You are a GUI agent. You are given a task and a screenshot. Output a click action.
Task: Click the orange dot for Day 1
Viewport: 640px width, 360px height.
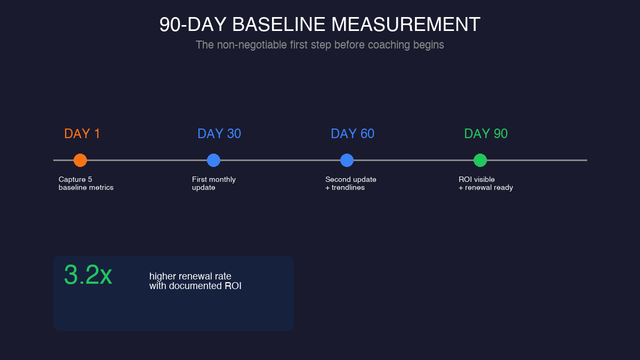point(80,160)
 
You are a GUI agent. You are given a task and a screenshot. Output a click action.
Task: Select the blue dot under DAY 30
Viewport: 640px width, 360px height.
point(213,160)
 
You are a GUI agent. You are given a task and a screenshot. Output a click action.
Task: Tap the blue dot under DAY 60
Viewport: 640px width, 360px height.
point(347,160)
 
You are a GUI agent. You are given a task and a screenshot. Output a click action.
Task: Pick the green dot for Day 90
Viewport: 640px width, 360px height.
point(480,160)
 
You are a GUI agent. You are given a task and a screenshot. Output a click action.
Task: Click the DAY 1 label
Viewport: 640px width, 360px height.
point(82,134)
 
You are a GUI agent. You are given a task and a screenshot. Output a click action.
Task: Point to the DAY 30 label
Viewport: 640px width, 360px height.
point(219,134)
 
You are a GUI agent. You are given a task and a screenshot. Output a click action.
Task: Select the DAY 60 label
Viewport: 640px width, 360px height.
point(353,134)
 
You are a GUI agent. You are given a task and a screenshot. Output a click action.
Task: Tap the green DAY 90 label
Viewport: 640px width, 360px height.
point(486,134)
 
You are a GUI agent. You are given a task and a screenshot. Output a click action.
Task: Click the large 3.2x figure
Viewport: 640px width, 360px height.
point(88,275)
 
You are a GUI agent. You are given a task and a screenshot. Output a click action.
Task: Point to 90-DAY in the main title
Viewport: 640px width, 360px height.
point(193,25)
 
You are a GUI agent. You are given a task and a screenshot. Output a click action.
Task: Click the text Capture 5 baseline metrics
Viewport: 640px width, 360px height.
point(86,183)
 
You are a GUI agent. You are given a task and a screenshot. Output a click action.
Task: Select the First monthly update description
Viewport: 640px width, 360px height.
point(213,183)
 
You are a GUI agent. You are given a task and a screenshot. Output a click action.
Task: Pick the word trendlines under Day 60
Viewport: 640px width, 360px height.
point(348,188)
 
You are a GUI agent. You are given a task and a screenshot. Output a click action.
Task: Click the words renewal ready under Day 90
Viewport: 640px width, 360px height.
point(489,188)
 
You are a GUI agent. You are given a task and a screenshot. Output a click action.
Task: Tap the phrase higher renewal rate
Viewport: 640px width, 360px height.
point(190,276)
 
